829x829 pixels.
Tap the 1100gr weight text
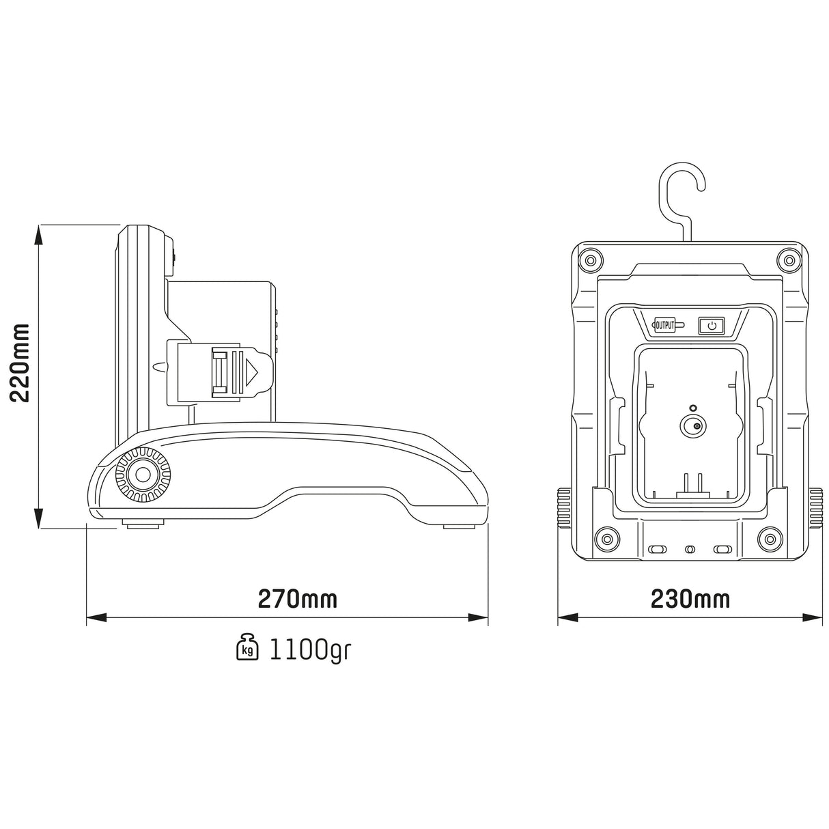(310, 649)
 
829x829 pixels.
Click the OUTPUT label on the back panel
(664, 326)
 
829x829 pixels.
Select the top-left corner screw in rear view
(589, 259)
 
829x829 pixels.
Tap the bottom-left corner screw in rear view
(604, 539)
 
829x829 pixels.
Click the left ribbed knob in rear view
(564, 508)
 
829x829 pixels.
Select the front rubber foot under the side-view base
(143, 523)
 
